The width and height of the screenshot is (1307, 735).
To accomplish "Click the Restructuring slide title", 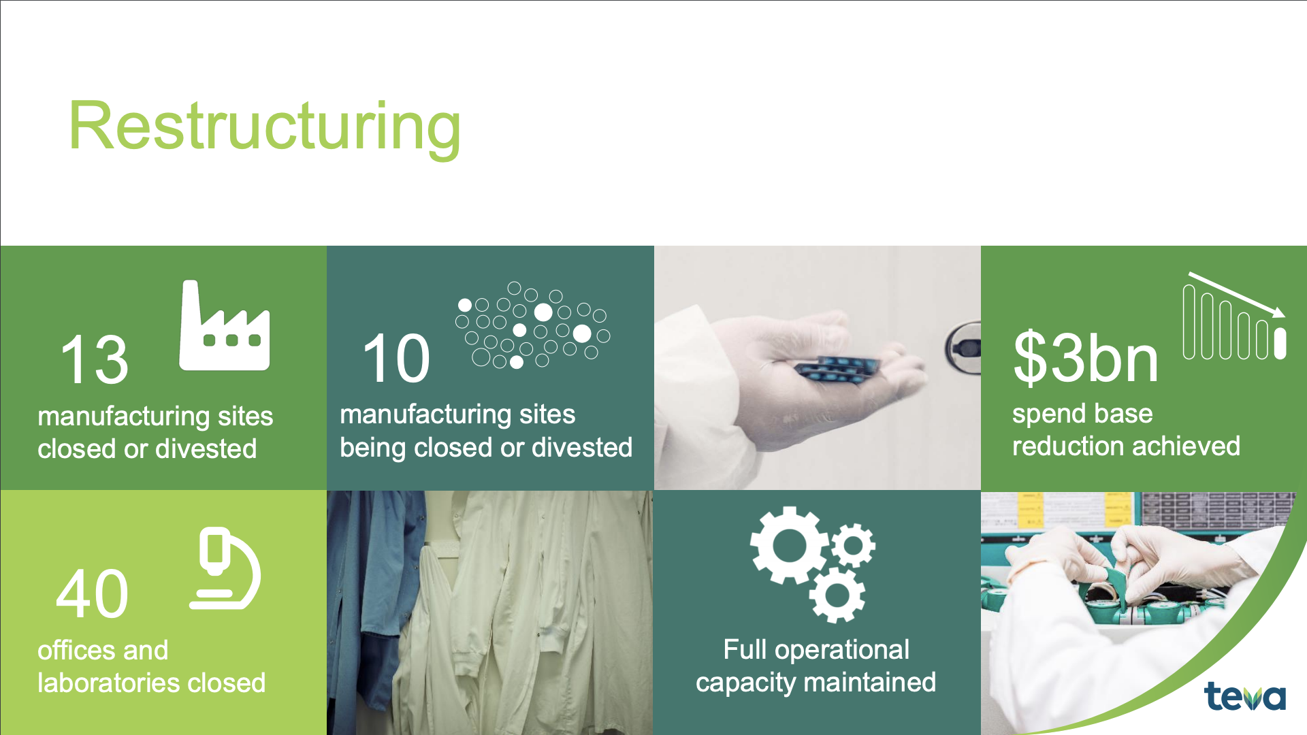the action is tap(265, 128).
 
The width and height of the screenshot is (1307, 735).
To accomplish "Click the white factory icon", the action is tap(224, 325).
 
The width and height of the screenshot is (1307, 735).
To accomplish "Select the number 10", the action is tap(396, 358).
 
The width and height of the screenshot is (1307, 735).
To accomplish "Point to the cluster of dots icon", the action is tap(533, 325).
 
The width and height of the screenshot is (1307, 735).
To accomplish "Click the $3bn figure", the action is tap(1085, 357).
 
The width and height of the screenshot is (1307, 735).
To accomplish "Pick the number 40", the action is tap(92, 593).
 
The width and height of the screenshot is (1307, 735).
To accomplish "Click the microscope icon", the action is tap(225, 568).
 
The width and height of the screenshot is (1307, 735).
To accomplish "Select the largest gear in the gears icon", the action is tap(790, 545).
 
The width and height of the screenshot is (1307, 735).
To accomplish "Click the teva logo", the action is tap(1244, 696).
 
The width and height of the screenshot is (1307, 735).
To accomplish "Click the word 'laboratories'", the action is tap(109, 683).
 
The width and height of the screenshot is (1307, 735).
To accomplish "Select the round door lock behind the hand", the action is tap(963, 348).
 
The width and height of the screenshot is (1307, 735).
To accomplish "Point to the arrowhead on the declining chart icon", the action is tap(1278, 312).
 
